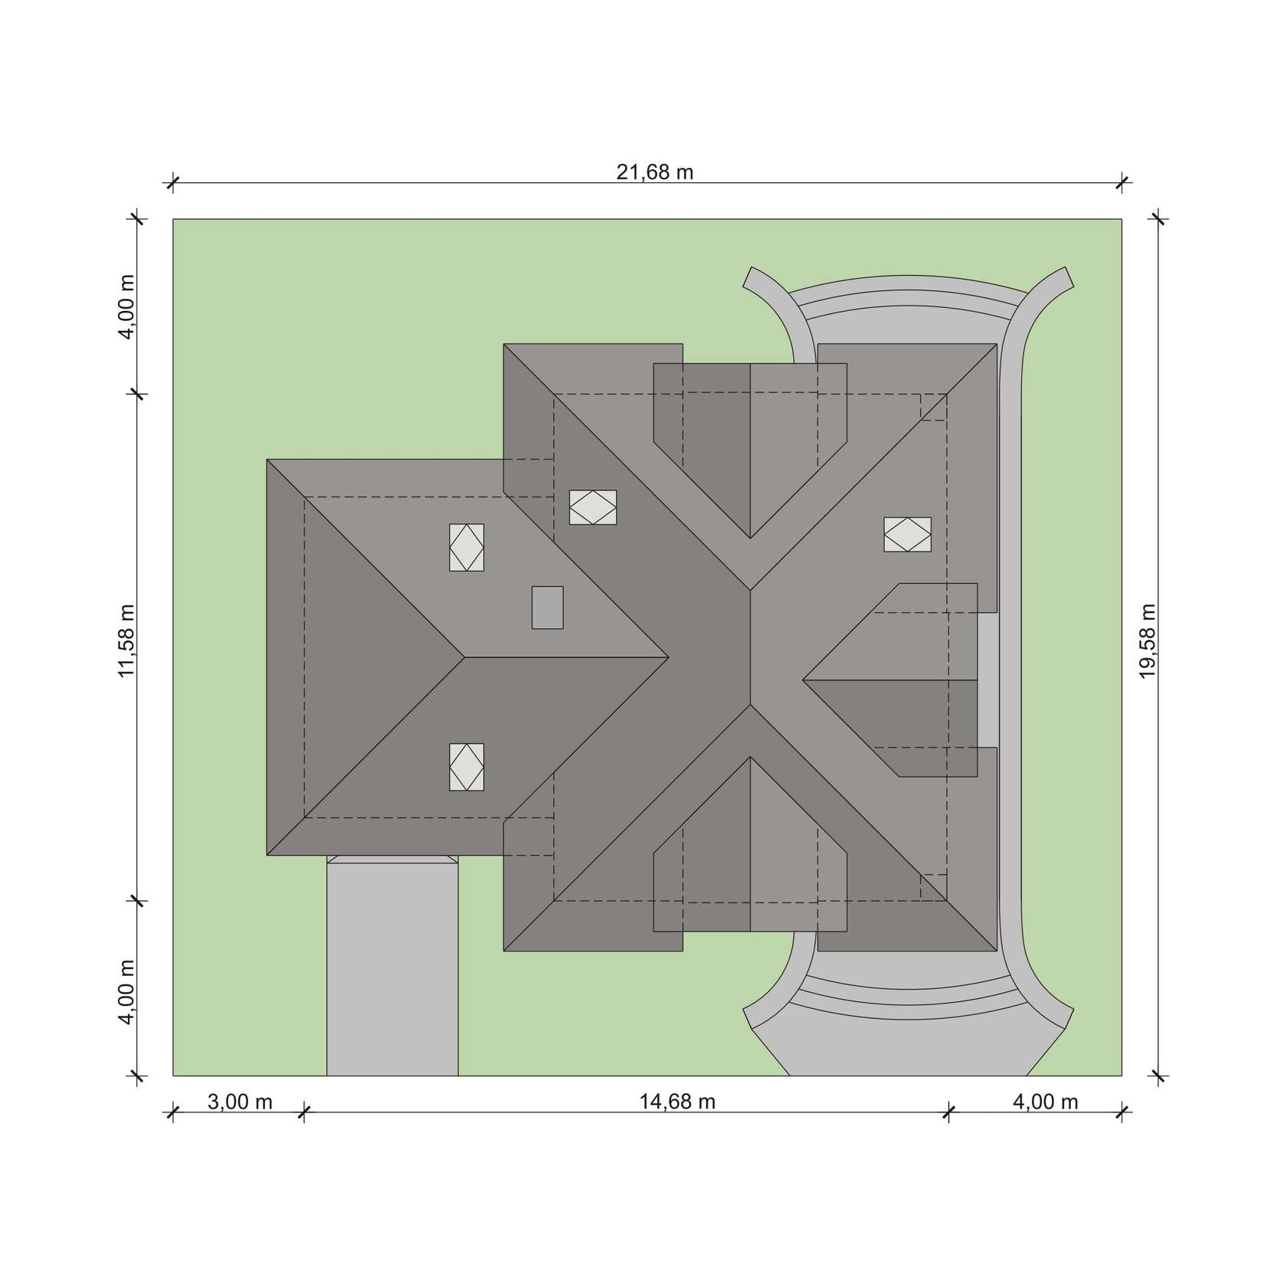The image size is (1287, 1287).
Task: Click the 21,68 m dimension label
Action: tap(655, 172)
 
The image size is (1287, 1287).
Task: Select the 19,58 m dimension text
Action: tap(1147, 641)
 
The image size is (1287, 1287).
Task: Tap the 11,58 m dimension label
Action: tap(126, 641)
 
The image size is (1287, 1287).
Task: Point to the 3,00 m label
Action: tap(240, 1102)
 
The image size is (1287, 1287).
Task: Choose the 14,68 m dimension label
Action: tap(678, 1102)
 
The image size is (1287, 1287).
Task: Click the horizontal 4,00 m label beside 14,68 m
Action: tap(1046, 1102)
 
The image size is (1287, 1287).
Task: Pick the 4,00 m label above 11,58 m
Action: tap(126, 306)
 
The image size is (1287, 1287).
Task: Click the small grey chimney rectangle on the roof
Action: tap(548, 607)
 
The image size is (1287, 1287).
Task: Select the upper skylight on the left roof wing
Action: tap(467, 548)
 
